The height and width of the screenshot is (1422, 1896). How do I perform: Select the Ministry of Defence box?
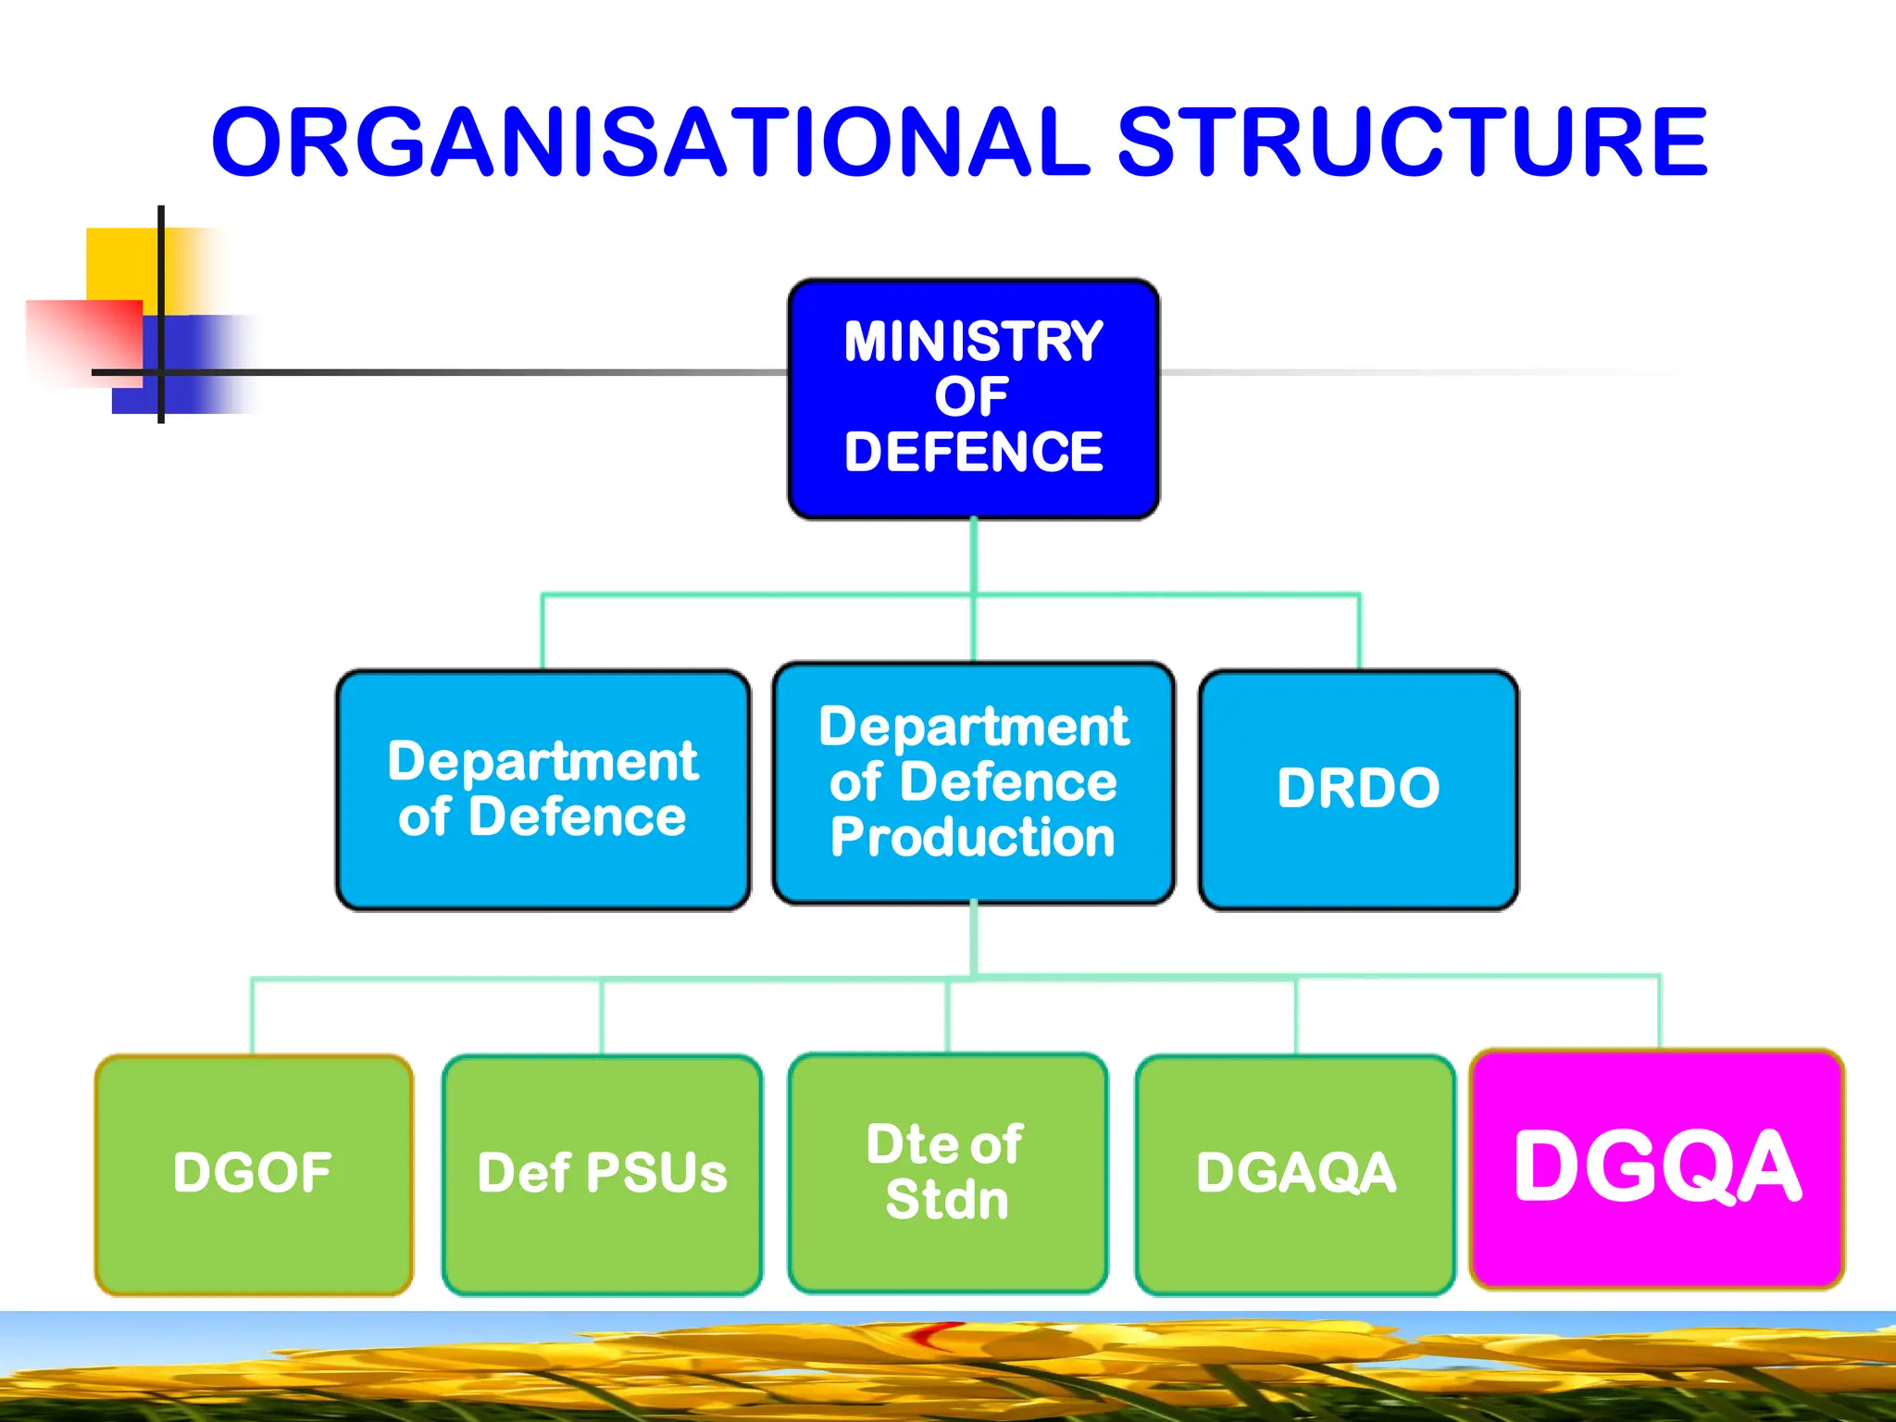973,398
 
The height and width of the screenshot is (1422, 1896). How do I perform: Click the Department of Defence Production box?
973,783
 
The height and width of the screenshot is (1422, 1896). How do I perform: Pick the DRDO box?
1358,789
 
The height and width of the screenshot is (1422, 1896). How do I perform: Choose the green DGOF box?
254,1174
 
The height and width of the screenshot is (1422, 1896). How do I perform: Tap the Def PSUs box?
602,1174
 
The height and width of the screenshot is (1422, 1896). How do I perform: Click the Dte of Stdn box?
947,1172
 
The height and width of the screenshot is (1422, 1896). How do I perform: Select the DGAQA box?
1295,1174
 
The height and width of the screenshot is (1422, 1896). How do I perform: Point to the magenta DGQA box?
1657,1168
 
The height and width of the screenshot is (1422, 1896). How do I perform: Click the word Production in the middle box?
973,838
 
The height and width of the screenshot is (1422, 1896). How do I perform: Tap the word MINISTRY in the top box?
973,342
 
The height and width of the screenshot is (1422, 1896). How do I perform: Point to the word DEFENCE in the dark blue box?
973,453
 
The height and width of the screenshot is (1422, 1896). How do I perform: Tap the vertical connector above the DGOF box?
252,1016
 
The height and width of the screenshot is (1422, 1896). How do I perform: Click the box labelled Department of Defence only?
543,789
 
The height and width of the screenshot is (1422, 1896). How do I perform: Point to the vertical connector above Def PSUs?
602,1017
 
